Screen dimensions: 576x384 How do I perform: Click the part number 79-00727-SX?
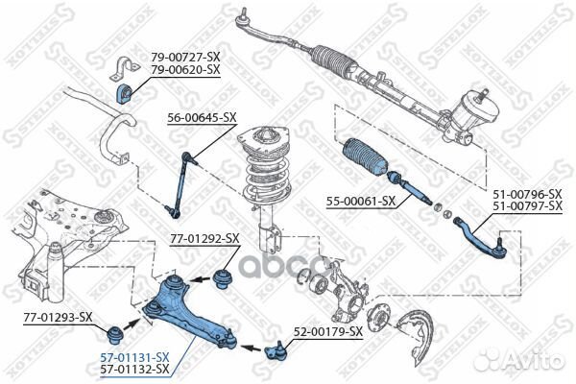[x=185, y=57]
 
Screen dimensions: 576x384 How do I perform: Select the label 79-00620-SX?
[x=185, y=69]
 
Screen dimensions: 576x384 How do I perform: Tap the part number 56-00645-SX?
[x=202, y=117]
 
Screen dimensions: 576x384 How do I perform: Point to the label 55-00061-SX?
[x=361, y=201]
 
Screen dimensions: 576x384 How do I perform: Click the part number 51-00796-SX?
[x=527, y=194]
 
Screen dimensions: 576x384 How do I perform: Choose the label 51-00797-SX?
[x=527, y=206]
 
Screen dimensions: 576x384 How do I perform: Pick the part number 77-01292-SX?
[x=204, y=239]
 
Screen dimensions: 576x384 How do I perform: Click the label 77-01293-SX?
[x=58, y=317]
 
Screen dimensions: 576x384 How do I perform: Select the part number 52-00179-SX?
[x=328, y=332]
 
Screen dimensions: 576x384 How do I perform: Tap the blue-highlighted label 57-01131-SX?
[x=134, y=356]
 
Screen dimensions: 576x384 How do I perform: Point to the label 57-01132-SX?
[x=134, y=369]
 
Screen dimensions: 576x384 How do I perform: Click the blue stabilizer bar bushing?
[x=124, y=94]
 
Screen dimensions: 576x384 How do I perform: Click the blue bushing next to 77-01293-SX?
[x=114, y=335]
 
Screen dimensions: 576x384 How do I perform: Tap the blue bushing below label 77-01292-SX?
[x=222, y=279]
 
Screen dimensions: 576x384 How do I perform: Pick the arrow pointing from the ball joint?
[x=251, y=347]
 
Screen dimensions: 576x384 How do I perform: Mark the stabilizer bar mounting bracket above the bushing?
[x=125, y=68]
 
